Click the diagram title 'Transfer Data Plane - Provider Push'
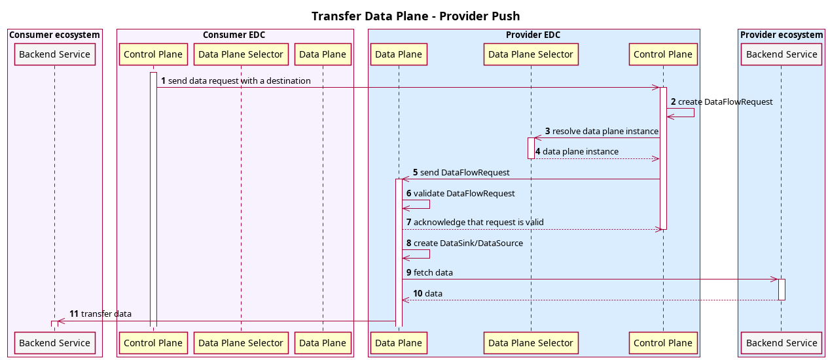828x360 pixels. tap(416, 16)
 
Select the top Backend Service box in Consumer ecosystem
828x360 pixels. tap(55, 54)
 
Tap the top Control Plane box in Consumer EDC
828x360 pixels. tap(153, 54)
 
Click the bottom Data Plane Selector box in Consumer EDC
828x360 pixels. tap(241, 342)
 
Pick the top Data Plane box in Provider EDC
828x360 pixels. tap(399, 54)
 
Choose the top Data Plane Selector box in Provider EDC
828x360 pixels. tap(531, 54)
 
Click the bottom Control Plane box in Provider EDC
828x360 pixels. tap(663, 342)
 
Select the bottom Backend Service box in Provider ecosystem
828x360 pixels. tap(782, 342)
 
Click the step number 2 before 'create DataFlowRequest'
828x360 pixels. tap(673, 102)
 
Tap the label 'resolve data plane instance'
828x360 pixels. tap(605, 131)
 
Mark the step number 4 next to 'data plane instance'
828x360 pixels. tap(538, 151)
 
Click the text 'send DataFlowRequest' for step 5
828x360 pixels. tap(465, 172)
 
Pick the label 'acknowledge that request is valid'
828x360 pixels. tap(478, 222)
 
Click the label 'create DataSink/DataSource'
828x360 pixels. tap(468, 243)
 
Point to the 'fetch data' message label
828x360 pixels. tap(433, 272)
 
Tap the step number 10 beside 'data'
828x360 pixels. tap(418, 293)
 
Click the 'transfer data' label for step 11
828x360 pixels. tap(106, 314)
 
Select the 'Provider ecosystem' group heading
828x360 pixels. tap(782, 35)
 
